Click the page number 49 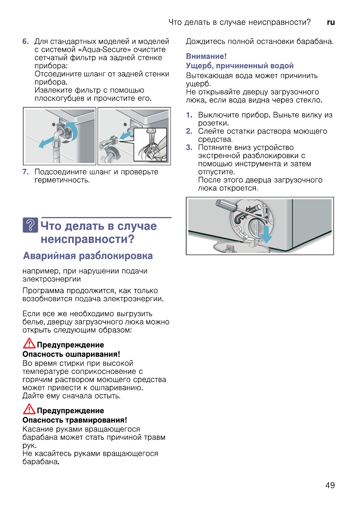pyautogui.click(x=330, y=485)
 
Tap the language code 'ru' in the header pyautogui.click(x=331, y=22)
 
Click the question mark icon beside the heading pyautogui.click(x=30, y=225)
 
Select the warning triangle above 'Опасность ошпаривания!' pyautogui.click(x=29, y=343)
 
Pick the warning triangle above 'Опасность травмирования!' pyautogui.click(x=29, y=409)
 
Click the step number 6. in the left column pyautogui.click(x=26, y=41)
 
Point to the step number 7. pyautogui.click(x=26, y=172)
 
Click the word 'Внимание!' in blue pyautogui.click(x=206, y=56)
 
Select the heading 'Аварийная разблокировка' pyautogui.click(x=88, y=256)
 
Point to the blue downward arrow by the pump pyautogui.click(x=266, y=234)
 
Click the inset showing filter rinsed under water pyautogui.click(x=150, y=144)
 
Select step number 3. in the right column pyautogui.click(x=189, y=148)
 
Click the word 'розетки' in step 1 pyautogui.click(x=213, y=123)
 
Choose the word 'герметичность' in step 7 pyautogui.click(x=62, y=180)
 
